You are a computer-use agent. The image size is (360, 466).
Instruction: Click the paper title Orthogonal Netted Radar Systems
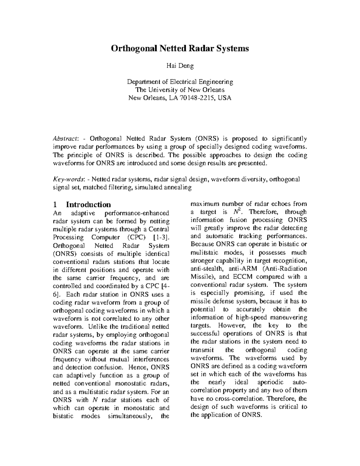click(180, 48)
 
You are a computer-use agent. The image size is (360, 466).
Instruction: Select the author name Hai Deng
click(180, 66)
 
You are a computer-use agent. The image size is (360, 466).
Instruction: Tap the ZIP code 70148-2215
click(197, 98)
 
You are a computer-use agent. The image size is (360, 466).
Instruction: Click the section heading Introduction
click(88, 205)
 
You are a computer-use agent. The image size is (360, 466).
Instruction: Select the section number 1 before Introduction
click(55, 205)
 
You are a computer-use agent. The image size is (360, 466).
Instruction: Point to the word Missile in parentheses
click(201, 277)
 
